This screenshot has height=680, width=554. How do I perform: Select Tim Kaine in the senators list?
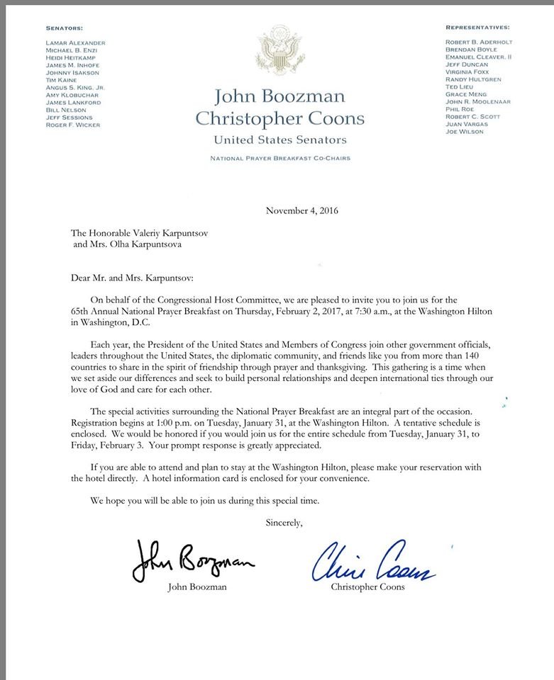(59, 80)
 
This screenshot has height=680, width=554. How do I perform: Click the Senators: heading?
(64, 28)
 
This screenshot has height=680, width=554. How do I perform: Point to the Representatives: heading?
(477, 28)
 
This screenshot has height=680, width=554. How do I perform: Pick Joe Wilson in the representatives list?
(465, 132)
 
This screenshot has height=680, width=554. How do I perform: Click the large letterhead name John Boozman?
(279, 97)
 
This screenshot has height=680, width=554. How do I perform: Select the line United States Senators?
(279, 140)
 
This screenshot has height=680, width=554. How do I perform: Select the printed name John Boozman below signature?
(193, 586)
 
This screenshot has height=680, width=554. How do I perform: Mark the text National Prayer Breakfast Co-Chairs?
(279, 159)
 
